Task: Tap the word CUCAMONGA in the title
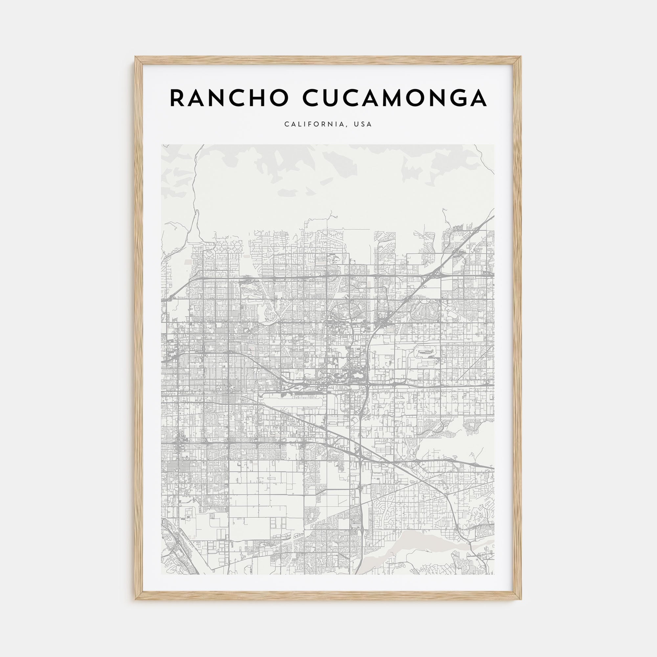tap(395, 98)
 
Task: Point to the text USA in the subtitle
tap(363, 124)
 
